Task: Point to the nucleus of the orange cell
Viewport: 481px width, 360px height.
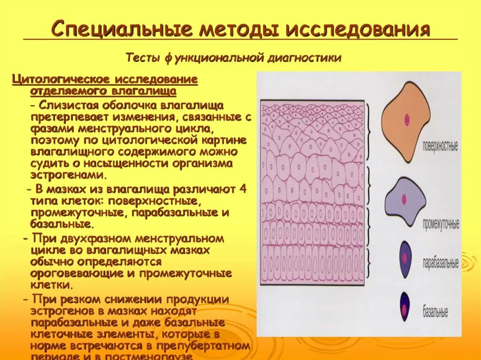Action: [406, 119]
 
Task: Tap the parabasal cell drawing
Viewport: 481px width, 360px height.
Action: [405, 259]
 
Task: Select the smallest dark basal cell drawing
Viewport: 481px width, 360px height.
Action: [404, 306]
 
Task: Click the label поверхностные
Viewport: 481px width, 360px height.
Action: [441, 146]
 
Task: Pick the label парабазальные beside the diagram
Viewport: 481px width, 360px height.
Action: [441, 263]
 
